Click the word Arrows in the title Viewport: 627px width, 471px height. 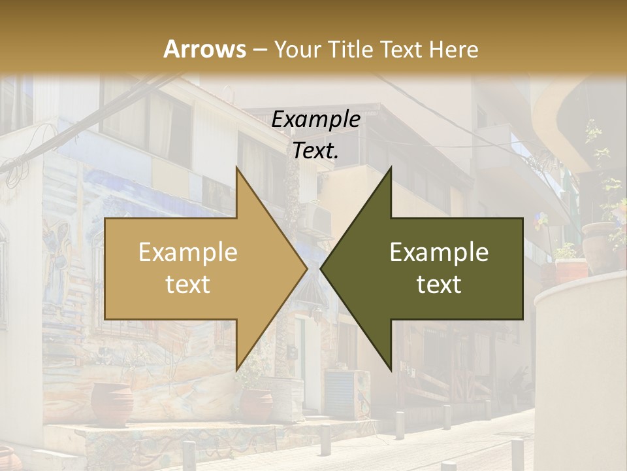pyautogui.click(x=204, y=49)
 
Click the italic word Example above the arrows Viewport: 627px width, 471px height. pyautogui.click(x=315, y=120)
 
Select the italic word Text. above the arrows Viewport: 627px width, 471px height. pyautogui.click(x=315, y=150)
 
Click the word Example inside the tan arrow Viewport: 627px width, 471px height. pyautogui.click(x=188, y=253)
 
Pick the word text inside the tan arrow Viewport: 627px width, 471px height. pyautogui.click(x=188, y=285)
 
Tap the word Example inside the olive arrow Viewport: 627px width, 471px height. pyautogui.click(x=439, y=253)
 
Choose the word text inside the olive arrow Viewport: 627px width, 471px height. pyautogui.click(x=439, y=285)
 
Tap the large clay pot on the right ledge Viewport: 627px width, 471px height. pyautogui.click(x=598, y=245)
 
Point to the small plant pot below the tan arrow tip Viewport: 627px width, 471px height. pyautogui.click(x=257, y=402)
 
